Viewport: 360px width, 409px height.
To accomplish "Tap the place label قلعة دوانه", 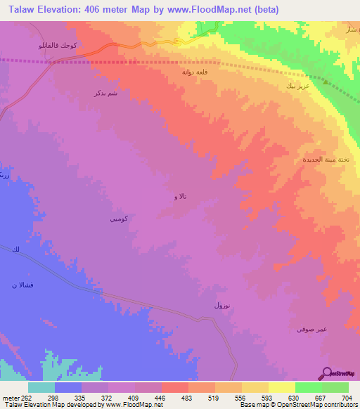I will tap(193, 72).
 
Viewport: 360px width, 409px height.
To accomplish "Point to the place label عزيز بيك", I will tap(296, 86).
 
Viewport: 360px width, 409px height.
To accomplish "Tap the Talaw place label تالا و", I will tap(181, 197).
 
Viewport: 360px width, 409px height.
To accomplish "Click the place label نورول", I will tap(221, 306).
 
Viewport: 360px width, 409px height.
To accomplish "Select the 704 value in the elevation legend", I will tap(348, 396).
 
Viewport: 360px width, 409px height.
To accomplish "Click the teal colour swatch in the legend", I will tap(41, 387).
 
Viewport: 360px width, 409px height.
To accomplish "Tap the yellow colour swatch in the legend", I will tap(281, 387).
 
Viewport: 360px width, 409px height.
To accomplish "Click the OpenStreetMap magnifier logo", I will tap(327, 373).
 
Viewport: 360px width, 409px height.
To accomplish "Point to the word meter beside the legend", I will tap(9, 396).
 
